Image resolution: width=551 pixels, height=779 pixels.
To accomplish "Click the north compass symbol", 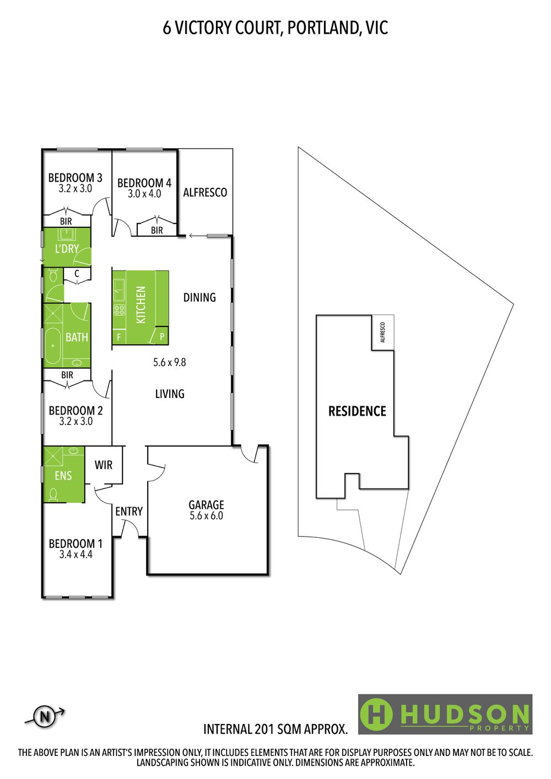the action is (45, 717).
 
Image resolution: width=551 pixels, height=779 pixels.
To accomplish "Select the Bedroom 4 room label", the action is (144, 183).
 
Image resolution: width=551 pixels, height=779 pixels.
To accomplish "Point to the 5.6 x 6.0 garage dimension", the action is (207, 516).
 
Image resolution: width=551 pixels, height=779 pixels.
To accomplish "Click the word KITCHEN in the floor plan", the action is (141, 304).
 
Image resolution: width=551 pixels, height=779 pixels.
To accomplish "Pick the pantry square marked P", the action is (162, 336).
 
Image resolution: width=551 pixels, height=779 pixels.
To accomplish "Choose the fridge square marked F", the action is (119, 337).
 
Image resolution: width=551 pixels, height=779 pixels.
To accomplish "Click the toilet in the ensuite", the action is (53, 494).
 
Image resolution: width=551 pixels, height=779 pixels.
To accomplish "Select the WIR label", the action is (104, 465).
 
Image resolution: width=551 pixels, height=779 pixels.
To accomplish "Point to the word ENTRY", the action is (129, 511).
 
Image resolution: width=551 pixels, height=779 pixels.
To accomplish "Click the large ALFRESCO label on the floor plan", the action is (205, 192).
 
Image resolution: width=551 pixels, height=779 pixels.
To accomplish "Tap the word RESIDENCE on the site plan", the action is (357, 411).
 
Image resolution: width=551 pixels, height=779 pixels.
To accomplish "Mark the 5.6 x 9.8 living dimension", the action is (170, 362).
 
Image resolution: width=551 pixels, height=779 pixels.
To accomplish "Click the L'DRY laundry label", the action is (67, 249).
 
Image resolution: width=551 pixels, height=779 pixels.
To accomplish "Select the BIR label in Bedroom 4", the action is (156, 230).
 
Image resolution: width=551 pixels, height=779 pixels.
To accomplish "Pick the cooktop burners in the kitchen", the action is (119, 309).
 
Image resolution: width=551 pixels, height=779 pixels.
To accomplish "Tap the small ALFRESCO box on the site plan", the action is (383, 333).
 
